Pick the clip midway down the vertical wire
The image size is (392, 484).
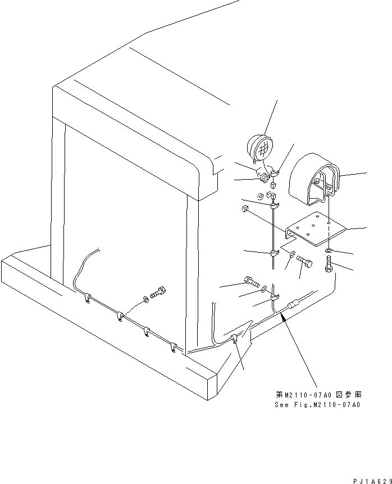point(274,254)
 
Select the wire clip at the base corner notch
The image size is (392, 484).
point(235,339)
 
